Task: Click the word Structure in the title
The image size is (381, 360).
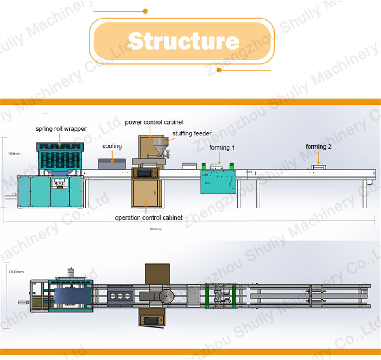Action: coord(183,41)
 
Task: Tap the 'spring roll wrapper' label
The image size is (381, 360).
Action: coord(61,129)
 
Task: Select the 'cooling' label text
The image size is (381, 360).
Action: coord(112,146)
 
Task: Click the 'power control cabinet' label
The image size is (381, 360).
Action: coord(154,122)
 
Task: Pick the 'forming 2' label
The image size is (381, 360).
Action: coord(318,146)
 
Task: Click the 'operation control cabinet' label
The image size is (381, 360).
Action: coord(149,217)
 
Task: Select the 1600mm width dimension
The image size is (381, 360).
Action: coord(16,272)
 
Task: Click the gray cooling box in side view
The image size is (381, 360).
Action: coord(112,163)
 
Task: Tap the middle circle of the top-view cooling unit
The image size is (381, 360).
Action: coord(120,297)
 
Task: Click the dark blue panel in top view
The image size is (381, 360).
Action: coord(72,297)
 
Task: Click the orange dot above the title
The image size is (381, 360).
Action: coord(145,11)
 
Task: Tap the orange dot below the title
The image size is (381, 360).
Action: coord(219,70)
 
